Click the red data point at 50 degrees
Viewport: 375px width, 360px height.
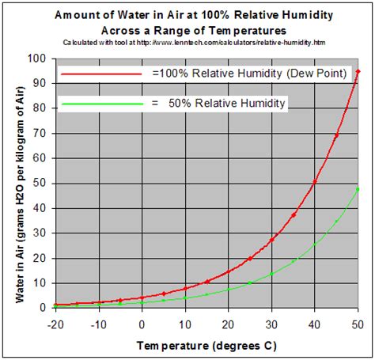click(x=358, y=72)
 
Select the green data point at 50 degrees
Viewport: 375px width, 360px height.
click(x=358, y=189)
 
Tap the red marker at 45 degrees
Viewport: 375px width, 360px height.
click(x=336, y=136)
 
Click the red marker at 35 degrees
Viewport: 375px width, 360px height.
click(x=294, y=214)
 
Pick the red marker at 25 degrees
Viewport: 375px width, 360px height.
click(x=250, y=258)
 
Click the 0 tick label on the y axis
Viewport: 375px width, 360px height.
click(x=42, y=308)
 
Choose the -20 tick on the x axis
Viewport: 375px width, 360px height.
click(x=55, y=324)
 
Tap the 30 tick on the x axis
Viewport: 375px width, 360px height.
click(x=271, y=324)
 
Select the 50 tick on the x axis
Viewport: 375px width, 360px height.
click(x=358, y=324)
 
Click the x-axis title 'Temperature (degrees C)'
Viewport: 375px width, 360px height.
click(x=206, y=346)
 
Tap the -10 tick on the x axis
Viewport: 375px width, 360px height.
click(x=97, y=324)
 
